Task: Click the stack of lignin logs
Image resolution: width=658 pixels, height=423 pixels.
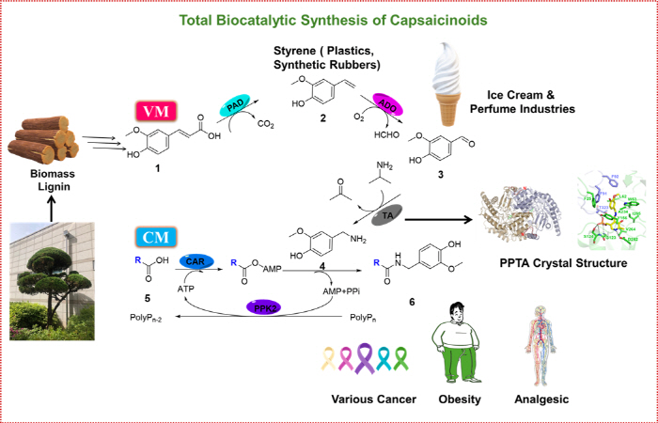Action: click(43, 137)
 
